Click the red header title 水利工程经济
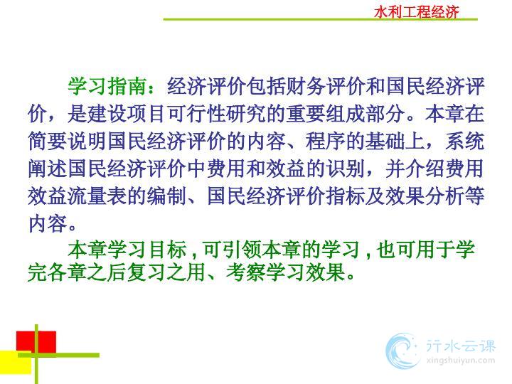click(416, 12)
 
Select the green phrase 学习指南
click(107, 87)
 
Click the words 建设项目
click(127, 114)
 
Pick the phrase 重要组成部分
click(346, 114)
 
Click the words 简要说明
click(68, 142)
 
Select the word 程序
click(326, 142)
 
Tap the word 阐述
click(48, 169)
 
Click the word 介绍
click(425, 169)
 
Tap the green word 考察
click(245, 272)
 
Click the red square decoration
click(36, 342)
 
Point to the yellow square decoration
click(16, 363)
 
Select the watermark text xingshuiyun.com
click(461, 361)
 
